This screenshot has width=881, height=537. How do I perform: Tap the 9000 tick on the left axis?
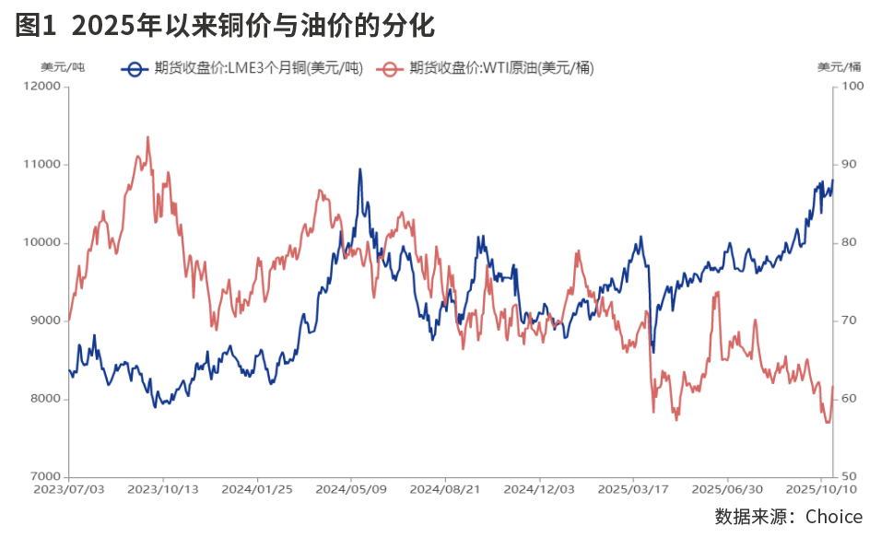(43, 321)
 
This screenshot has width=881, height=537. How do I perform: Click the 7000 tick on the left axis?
(43, 477)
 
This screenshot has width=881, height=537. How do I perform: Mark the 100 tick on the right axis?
(852, 87)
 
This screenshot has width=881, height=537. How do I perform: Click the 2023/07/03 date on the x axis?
(69, 489)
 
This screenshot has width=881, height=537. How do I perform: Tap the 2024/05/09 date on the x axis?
(351, 489)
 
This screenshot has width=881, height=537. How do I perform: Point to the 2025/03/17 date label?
(633, 489)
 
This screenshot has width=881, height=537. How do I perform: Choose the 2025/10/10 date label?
(825, 489)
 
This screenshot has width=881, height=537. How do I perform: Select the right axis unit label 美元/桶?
(839, 66)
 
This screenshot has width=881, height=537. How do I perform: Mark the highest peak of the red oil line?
(148, 137)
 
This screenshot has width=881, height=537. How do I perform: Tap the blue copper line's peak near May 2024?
(359, 169)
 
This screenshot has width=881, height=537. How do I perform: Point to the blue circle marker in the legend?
(136, 67)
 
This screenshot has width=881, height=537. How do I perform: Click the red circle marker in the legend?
(392, 67)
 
